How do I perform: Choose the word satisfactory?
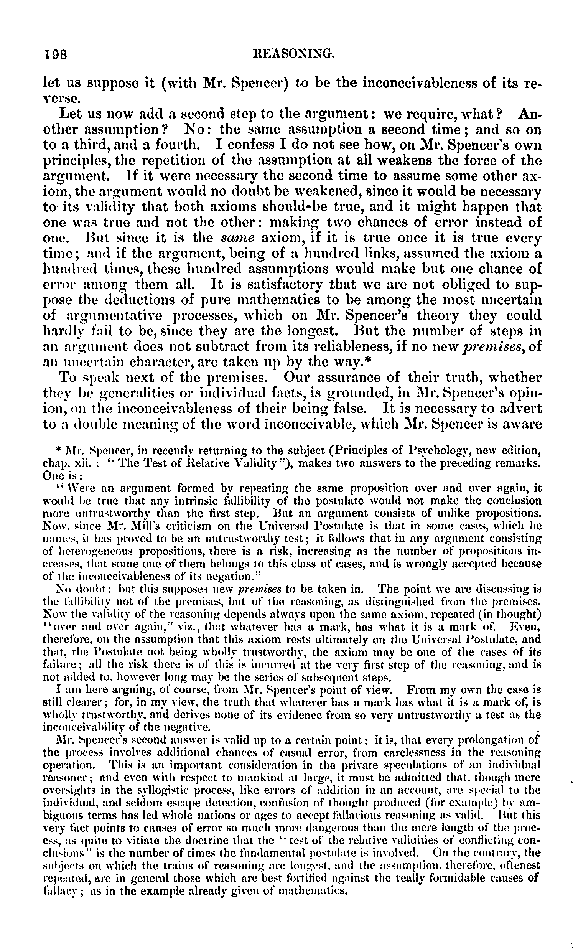click(292, 284)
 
